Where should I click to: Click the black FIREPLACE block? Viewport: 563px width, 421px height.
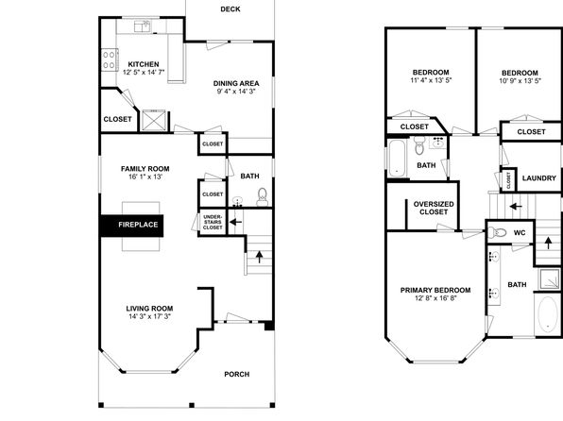131,226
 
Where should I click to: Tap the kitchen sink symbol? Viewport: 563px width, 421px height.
143,26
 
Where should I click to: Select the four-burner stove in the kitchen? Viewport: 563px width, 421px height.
110,59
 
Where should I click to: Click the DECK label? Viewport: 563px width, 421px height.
230,9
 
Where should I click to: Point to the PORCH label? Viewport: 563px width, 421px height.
236,375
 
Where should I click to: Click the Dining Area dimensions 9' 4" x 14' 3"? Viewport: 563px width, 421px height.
236,92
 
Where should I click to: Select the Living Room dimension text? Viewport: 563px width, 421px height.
149,316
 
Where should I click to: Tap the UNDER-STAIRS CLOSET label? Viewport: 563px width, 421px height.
213,222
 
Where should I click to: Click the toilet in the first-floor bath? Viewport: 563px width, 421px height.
263,196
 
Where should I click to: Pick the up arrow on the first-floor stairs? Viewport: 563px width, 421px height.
259,257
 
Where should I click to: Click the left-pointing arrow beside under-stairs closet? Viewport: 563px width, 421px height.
235,222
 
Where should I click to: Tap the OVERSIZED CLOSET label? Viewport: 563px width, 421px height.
434,209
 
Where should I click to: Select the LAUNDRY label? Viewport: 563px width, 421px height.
539,178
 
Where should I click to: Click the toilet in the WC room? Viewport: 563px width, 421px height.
497,233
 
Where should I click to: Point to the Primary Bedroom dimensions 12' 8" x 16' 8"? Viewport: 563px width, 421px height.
435,298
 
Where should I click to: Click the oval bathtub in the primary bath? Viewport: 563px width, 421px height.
548,314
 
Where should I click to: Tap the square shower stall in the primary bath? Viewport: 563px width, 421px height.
550,278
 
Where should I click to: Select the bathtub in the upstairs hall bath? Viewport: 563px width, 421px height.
397,158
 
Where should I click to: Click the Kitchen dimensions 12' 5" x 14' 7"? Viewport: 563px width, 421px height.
144,72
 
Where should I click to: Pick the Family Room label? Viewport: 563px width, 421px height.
145,169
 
